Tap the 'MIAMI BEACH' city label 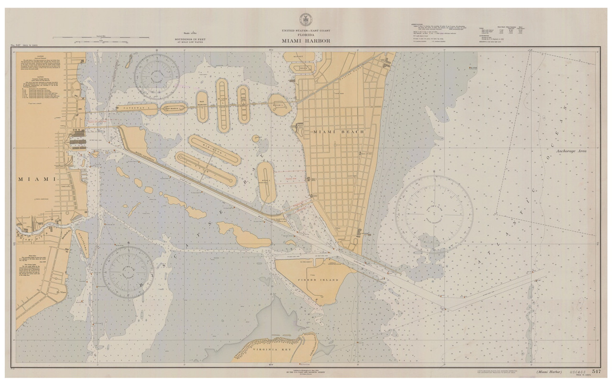tap(339, 131)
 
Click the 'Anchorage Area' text tap(571, 150)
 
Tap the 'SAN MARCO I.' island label tap(175, 109)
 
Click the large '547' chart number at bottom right tap(596, 371)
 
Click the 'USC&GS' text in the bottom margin tap(574, 371)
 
